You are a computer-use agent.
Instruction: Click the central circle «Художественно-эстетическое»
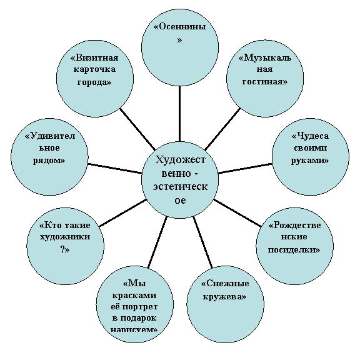point(180,180)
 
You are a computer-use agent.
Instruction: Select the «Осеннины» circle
point(180,47)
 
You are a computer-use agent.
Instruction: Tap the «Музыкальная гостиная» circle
point(265,78)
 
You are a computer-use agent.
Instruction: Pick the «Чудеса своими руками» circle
point(311,157)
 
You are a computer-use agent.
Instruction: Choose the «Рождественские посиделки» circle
point(294,246)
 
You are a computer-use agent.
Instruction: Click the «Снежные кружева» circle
point(225,304)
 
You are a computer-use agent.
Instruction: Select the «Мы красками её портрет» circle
point(135,304)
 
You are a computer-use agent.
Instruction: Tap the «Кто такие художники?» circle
point(66,246)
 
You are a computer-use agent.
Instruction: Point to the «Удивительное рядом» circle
point(49,157)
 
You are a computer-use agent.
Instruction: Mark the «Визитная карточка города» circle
point(95,78)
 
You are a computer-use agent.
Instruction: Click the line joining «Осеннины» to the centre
point(180,114)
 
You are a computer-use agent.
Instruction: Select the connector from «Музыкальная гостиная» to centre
point(222,129)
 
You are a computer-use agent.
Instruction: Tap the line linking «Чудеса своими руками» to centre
point(246,168)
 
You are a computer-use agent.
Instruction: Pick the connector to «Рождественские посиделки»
point(237,213)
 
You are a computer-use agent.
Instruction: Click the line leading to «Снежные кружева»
point(202,242)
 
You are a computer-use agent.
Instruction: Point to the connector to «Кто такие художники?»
point(122,213)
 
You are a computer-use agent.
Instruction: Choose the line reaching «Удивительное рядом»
point(115,168)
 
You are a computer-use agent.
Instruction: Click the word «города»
point(94,82)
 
